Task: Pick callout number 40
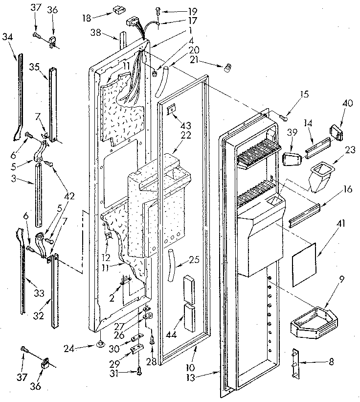tap(334, 104)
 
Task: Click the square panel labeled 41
tap(303, 268)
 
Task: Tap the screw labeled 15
tap(283, 116)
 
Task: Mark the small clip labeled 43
tap(171, 110)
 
